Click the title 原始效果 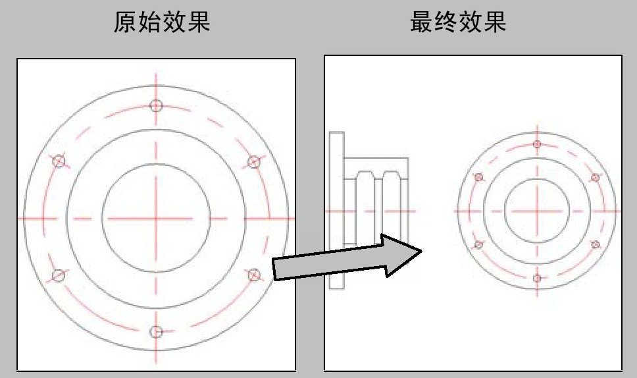coord(162,22)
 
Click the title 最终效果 coord(458,22)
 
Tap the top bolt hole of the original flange coord(156,105)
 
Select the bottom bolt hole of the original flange coord(156,331)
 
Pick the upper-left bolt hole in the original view coord(59,161)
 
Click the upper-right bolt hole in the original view coord(253,161)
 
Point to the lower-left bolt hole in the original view coord(59,275)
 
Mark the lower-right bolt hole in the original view coord(253,274)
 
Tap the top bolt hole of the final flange coord(537,144)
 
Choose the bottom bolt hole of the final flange coord(537,278)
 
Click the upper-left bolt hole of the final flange coord(478,177)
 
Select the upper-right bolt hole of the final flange coord(595,177)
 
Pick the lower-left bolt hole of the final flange coord(478,245)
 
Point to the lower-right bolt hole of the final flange coord(595,244)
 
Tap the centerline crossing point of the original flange coord(156,218)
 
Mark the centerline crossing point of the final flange coord(537,211)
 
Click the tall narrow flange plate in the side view coord(336,209)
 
